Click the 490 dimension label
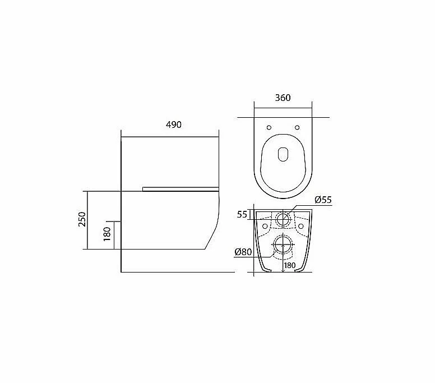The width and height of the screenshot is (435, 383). coord(174,125)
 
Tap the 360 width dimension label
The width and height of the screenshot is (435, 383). coord(283,98)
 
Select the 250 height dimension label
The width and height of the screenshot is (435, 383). coord(82,219)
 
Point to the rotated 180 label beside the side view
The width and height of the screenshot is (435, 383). coord(107,234)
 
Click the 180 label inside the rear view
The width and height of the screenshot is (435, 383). coord(289,265)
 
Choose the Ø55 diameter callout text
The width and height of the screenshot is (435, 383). coord(323,200)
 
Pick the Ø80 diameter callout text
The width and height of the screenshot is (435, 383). coord(243,252)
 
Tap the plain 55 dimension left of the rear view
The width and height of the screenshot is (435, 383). coord(242,215)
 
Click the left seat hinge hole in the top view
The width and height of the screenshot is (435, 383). coord(269,127)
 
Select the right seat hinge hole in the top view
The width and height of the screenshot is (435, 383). coord(297,127)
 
